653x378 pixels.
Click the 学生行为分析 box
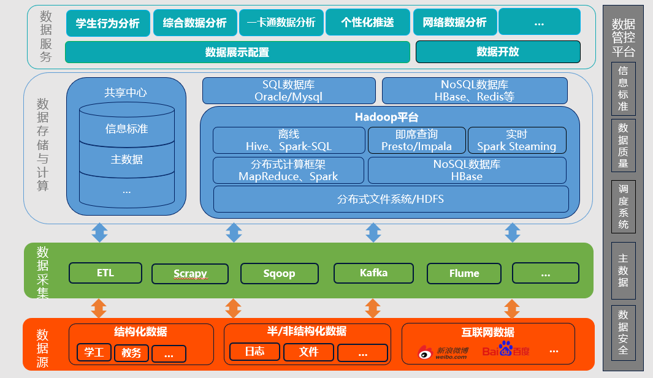[108, 23]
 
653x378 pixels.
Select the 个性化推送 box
[367, 23]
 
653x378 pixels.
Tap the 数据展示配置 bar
[237, 52]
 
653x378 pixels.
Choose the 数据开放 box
[497, 52]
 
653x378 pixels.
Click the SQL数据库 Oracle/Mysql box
[289, 91]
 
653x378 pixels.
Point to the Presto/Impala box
[416, 140]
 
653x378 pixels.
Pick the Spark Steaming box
[516, 140]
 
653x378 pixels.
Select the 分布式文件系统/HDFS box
[391, 199]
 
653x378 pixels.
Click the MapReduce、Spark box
[288, 170]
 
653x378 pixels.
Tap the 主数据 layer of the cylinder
[126, 159]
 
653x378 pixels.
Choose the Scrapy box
[190, 273]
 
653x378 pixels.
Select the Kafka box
[373, 273]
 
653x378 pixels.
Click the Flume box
[464, 273]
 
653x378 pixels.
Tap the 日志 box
[254, 352]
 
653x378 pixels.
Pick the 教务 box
[131, 353]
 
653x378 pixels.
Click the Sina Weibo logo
[443, 352]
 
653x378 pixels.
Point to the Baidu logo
[506, 350]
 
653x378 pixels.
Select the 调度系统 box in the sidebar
[623, 207]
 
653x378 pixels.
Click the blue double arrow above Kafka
[373, 233]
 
